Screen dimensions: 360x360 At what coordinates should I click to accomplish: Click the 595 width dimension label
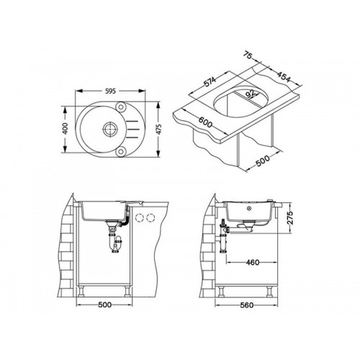click(111, 91)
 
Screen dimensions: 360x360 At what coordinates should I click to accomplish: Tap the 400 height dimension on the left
click(65, 129)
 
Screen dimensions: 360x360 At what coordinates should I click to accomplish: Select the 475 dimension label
click(158, 129)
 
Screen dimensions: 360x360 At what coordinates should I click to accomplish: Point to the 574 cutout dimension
click(210, 81)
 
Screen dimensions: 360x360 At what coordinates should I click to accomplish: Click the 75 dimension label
click(247, 55)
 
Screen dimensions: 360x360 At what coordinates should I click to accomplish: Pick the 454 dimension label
click(284, 76)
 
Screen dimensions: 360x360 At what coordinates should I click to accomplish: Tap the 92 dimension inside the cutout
click(251, 94)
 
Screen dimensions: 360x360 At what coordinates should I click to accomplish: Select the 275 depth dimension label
click(290, 218)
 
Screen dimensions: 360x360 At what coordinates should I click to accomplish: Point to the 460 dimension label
click(253, 262)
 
